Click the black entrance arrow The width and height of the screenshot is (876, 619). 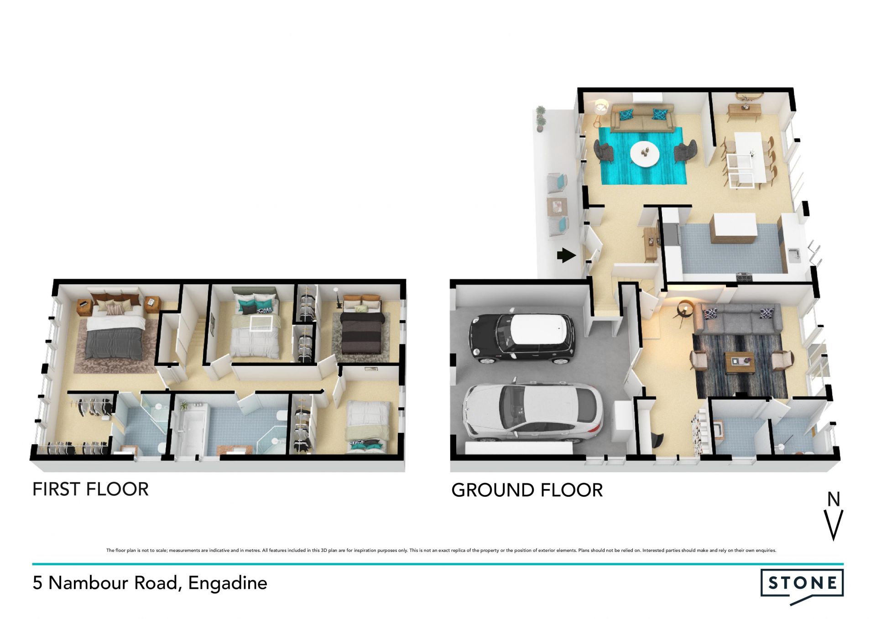coord(566,255)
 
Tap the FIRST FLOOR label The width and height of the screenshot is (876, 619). coord(90,489)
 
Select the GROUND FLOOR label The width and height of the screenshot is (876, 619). coord(527,490)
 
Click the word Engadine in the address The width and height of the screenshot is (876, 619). coord(228,583)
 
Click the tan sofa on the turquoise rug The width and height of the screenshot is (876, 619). coord(642,118)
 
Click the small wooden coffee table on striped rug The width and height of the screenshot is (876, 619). coord(739,363)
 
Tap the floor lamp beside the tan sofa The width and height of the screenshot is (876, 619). coord(600,112)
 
